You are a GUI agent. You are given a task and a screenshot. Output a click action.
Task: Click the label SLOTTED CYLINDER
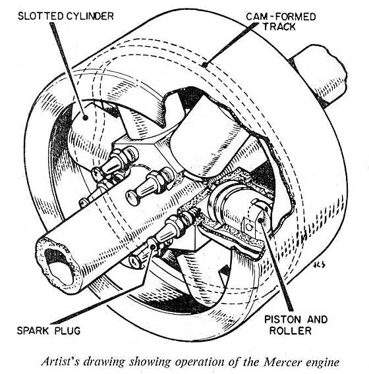tap(66, 16)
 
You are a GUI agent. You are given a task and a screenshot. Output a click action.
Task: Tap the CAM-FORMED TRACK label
tap(281, 22)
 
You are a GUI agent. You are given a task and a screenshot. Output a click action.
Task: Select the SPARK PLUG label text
tap(49, 331)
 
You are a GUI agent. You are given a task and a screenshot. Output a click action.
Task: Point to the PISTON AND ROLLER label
tap(296, 325)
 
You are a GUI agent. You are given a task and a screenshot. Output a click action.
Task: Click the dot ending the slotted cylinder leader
tap(85, 117)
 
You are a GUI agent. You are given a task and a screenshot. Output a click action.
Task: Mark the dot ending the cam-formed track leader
tap(204, 65)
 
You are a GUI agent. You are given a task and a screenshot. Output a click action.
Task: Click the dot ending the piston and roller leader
tap(260, 220)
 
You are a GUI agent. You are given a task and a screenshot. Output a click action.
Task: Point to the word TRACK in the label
tap(279, 26)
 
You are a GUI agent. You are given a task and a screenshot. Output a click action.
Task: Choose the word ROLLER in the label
tap(291, 331)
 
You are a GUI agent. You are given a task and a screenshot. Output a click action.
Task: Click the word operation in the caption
tap(201, 363)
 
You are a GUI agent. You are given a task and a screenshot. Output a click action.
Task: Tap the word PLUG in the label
tap(68, 331)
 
